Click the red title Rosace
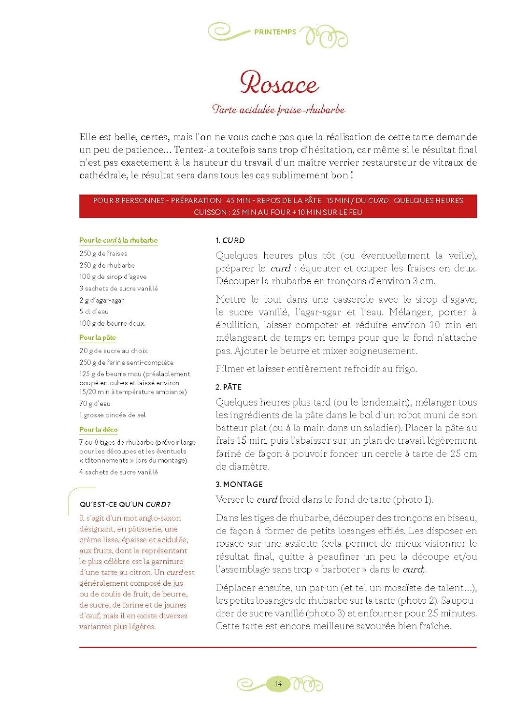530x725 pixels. pyautogui.click(x=279, y=84)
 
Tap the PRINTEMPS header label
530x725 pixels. pyautogui.click(x=275, y=32)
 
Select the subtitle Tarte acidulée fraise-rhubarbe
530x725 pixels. pyautogui.click(x=279, y=110)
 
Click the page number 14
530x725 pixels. pyautogui.click(x=278, y=683)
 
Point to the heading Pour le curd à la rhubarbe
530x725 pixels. pyautogui.click(x=118, y=240)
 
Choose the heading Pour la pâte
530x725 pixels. pyautogui.click(x=98, y=337)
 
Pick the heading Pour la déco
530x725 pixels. pyautogui.click(x=99, y=429)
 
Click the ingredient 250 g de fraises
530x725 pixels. pyautogui.click(x=103, y=253)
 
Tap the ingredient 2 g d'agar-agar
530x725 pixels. pyautogui.click(x=101, y=300)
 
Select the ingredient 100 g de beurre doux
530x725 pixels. pyautogui.click(x=112, y=323)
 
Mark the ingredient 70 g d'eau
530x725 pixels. pyautogui.click(x=95, y=403)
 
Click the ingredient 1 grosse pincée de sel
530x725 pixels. pyautogui.click(x=113, y=415)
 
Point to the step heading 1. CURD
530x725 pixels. pyautogui.click(x=230, y=240)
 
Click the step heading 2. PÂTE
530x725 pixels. pyautogui.click(x=229, y=387)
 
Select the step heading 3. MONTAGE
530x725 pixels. pyautogui.click(x=239, y=484)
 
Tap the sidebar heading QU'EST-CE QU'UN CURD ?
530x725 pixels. pyautogui.click(x=125, y=504)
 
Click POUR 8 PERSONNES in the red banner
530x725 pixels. pyautogui.click(x=129, y=201)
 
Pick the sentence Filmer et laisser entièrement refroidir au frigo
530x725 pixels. pyautogui.click(x=316, y=369)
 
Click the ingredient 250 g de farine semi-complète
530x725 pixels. pyautogui.click(x=126, y=362)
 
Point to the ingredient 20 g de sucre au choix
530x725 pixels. pyautogui.click(x=114, y=350)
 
